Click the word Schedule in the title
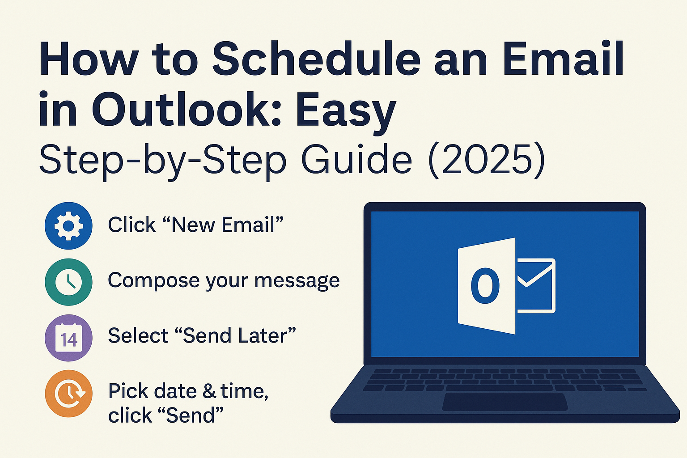pyautogui.click(x=316, y=59)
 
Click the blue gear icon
pyautogui.click(x=68, y=226)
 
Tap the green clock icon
pyautogui.click(x=68, y=282)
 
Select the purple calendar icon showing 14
pyautogui.click(x=68, y=338)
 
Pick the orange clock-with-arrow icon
pyautogui.click(x=68, y=394)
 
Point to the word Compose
pyautogui.click(x=154, y=281)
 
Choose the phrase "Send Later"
pyautogui.click(x=239, y=335)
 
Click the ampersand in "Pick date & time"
pyautogui.click(x=209, y=391)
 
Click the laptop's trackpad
pyautogui.click(x=505, y=402)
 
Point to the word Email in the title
pyautogui.click(x=563, y=59)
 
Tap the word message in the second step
pyautogui.click(x=297, y=281)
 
